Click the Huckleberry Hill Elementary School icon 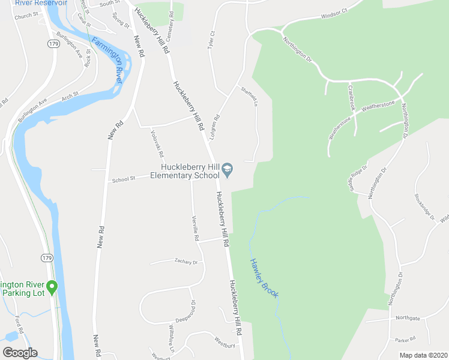228,171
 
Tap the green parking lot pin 52,289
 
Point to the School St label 124,178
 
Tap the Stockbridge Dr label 423,206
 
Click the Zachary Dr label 185,262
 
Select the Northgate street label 408,318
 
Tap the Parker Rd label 405,340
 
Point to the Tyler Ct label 211,41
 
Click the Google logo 20,353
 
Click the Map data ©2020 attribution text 423,355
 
